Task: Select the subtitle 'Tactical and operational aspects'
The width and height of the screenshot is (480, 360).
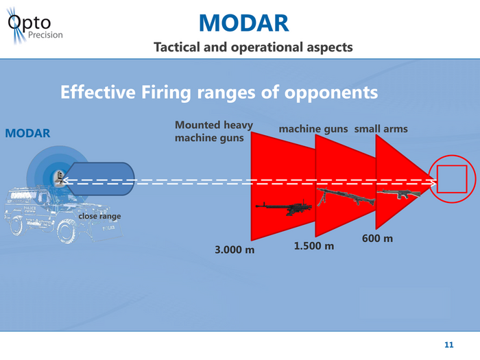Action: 253,47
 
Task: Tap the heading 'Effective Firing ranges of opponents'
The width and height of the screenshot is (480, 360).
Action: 219,92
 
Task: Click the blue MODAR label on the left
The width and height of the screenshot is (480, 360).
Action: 27,132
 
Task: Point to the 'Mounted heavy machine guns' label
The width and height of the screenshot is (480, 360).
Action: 213,132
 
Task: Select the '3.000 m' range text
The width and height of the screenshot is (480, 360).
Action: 235,250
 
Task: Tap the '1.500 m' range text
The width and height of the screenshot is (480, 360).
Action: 313,245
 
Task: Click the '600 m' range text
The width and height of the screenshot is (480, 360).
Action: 377,239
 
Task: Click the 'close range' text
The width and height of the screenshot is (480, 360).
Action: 99,217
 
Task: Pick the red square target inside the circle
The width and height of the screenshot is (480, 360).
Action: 452,180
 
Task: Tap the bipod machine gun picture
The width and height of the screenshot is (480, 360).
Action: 344,197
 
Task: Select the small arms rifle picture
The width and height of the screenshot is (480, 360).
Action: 398,194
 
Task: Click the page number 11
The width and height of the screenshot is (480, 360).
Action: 449,344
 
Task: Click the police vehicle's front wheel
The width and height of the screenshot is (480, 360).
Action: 67,232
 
